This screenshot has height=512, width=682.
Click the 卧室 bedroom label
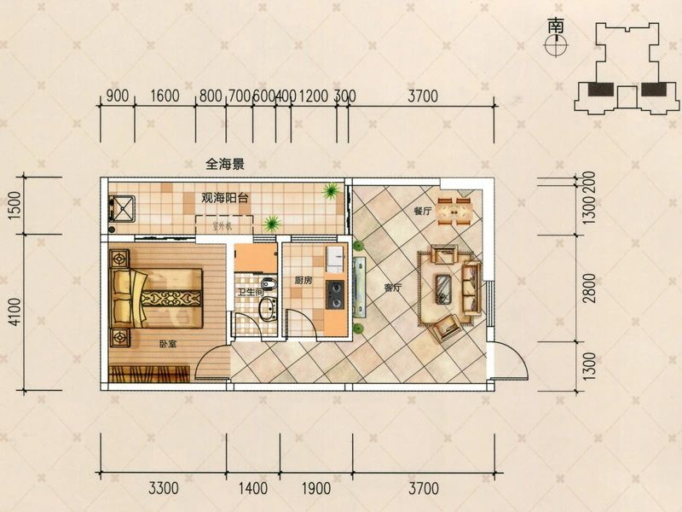[x=167, y=345]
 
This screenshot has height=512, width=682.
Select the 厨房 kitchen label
[x=303, y=280]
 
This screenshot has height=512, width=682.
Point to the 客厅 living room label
[x=392, y=288]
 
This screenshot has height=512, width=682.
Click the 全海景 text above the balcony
[x=225, y=163]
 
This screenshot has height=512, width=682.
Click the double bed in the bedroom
[x=159, y=298]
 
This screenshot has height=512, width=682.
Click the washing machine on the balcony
[x=122, y=209]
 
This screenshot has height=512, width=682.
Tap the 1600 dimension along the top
[x=166, y=96]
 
